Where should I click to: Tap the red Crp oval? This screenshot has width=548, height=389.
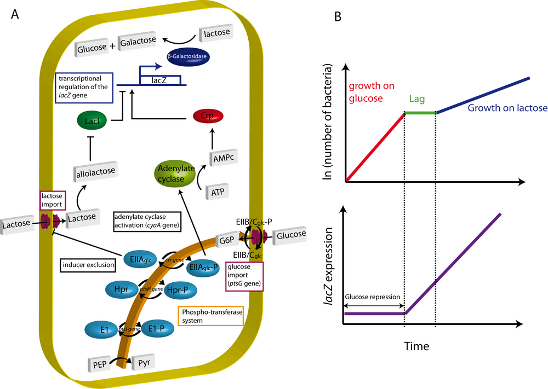pos(209,117)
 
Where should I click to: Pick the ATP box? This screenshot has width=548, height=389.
pos(217,192)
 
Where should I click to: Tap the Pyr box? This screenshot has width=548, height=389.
pos(144,362)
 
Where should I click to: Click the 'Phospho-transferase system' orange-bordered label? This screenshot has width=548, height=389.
pos(210,316)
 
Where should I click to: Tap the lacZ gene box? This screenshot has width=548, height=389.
pos(161,80)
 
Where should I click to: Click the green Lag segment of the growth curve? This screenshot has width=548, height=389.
pos(420,113)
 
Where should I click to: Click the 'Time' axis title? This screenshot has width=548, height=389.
pos(417,346)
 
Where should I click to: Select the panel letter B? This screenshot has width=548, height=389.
pos(339,17)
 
